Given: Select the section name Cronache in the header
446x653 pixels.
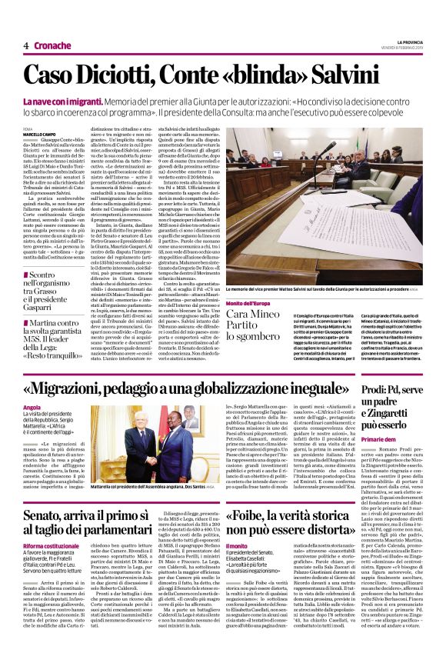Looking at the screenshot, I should click(52, 45).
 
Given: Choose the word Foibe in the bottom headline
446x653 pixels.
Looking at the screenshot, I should click(255, 516).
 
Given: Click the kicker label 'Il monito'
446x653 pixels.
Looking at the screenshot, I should click(236, 545).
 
